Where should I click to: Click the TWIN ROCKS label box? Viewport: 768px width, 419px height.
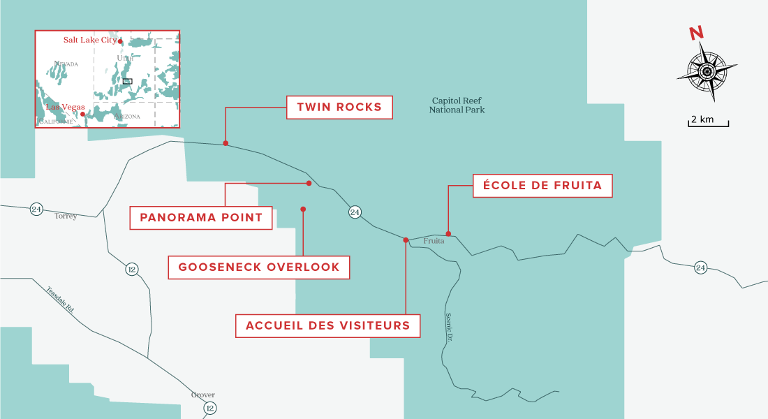(x=339, y=108)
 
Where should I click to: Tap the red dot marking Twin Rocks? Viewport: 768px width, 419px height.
(x=226, y=143)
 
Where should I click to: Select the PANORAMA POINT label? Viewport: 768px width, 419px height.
(x=201, y=218)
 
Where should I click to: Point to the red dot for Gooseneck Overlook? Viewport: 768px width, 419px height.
(x=303, y=209)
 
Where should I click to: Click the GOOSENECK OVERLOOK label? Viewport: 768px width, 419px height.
(x=259, y=267)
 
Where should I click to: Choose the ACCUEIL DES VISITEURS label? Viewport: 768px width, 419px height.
(x=327, y=325)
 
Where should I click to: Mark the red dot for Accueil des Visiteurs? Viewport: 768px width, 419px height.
(x=406, y=240)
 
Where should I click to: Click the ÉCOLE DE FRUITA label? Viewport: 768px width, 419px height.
(x=542, y=186)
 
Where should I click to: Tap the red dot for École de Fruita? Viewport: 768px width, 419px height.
(x=448, y=234)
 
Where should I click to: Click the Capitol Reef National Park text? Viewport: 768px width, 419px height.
(x=457, y=105)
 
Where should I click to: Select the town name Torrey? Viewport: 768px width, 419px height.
(x=66, y=216)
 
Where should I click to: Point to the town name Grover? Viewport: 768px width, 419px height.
(x=203, y=395)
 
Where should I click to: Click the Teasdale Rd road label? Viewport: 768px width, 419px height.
(x=60, y=301)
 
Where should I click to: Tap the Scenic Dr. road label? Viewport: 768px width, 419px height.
(x=448, y=329)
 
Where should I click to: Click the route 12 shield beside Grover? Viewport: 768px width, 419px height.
(x=209, y=408)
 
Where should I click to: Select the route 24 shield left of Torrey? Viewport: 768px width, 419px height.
(x=36, y=209)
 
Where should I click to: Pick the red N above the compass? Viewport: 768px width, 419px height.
(x=695, y=33)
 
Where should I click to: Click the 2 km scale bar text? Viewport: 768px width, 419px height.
(x=702, y=119)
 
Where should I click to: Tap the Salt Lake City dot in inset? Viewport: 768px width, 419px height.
(x=120, y=42)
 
